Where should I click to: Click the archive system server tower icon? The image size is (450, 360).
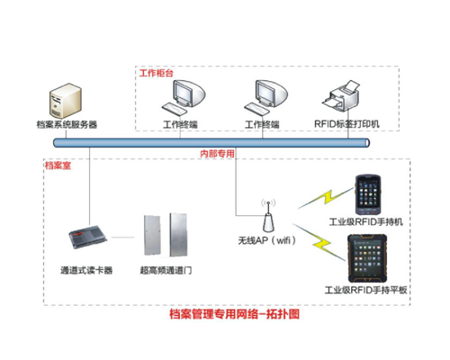pos(66,101)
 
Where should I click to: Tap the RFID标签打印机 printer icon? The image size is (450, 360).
pos(340,96)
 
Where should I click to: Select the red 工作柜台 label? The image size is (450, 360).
pos(157,73)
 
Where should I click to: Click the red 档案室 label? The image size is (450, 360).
pos(58,166)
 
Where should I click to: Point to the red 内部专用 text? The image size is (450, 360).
pos(217,154)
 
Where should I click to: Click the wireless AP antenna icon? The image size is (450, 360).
pos(268,215)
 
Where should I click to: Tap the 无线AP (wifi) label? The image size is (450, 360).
pos(266,240)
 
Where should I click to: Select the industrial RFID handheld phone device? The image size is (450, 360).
pos(368,194)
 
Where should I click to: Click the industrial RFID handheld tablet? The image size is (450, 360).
pos(367,258)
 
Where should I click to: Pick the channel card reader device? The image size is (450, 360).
pos(87,237)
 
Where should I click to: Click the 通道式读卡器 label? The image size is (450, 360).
pos(86,270)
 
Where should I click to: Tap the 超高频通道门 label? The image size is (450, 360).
pos(166,270)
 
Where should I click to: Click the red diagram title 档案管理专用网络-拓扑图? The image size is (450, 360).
pos(234,314)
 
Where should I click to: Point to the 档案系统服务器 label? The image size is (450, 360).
pos(67,124)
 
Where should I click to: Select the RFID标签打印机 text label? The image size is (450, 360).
pos(346,124)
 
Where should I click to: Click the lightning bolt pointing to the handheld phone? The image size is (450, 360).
pos(326,198)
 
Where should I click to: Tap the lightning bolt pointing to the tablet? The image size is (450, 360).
pos(319,242)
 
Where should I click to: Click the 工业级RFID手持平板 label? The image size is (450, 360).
pos(365,290)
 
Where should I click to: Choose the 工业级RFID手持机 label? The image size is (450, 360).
pos(366,222)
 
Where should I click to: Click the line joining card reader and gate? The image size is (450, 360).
pos(122,238)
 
